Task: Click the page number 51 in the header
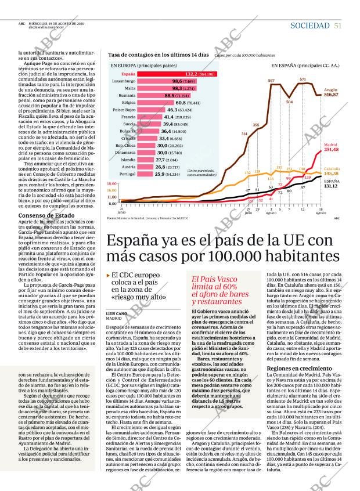tap(337, 26)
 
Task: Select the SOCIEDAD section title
tap(310, 26)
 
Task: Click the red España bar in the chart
tap(175, 74)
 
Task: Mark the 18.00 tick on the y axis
tap(113, 183)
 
